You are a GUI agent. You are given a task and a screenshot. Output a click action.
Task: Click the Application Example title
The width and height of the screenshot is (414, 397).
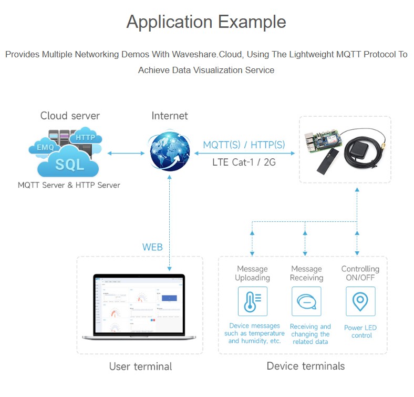click(x=206, y=22)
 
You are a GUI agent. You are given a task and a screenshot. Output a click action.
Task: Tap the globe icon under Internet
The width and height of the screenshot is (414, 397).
click(x=169, y=151)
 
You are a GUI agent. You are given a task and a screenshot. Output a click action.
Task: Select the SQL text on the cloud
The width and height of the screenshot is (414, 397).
click(x=69, y=165)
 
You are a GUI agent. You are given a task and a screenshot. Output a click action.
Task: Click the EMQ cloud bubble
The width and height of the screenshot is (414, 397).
click(x=45, y=147)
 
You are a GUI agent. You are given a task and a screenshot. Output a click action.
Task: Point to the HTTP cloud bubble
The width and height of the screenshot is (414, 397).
click(x=85, y=137)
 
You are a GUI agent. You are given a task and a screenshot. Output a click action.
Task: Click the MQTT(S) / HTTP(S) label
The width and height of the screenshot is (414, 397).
click(x=244, y=145)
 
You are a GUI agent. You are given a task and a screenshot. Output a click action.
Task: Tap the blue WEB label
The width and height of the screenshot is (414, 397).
click(x=152, y=247)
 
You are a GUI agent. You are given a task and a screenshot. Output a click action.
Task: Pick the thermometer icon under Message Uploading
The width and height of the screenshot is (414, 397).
click(x=252, y=301)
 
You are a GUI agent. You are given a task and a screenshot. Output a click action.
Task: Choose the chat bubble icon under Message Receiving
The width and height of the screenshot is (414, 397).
click(x=306, y=301)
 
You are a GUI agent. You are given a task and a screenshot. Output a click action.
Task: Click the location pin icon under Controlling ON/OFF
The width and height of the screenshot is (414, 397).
click(x=360, y=301)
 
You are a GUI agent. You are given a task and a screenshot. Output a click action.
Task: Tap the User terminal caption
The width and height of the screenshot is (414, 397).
click(x=140, y=366)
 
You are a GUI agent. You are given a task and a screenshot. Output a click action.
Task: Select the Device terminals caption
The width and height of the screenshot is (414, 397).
click(x=305, y=366)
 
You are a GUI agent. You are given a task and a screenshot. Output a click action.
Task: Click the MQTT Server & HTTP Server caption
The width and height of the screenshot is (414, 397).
click(x=69, y=185)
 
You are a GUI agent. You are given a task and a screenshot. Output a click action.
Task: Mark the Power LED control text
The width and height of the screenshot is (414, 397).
click(x=360, y=331)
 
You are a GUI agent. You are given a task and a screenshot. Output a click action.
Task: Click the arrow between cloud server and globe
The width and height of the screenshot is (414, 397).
click(x=126, y=153)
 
